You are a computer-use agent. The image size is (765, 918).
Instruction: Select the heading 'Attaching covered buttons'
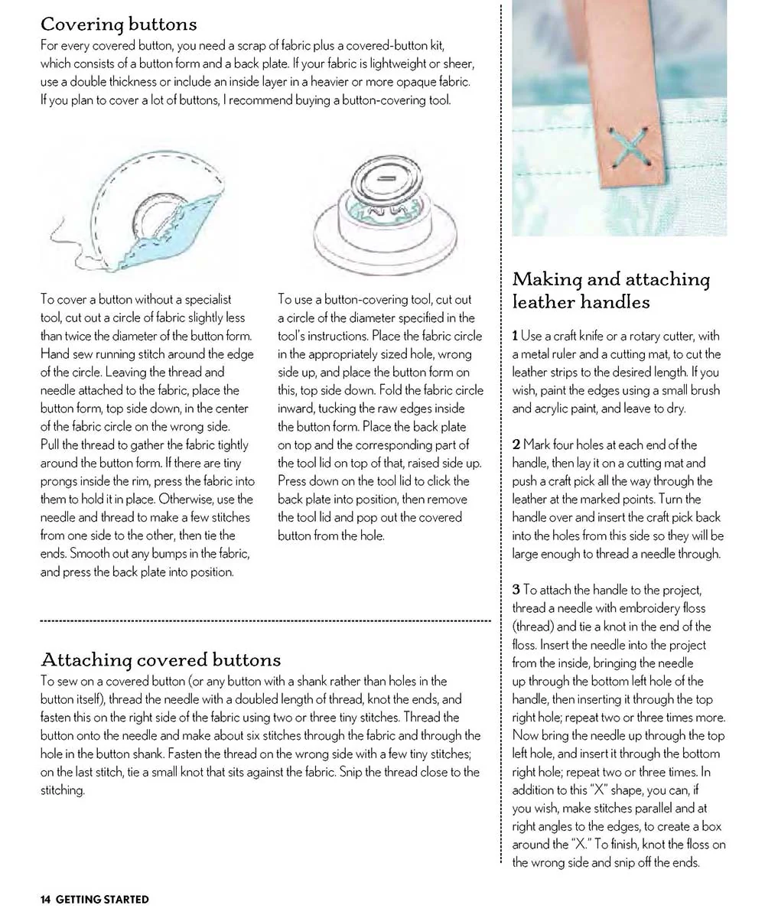point(161,659)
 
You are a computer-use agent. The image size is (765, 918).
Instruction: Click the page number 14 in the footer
point(46,900)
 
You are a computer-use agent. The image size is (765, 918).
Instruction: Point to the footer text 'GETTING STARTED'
point(103,900)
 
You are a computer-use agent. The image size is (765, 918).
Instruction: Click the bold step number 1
point(516,336)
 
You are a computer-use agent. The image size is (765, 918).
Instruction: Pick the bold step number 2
point(516,444)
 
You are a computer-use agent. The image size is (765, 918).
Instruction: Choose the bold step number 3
point(516,590)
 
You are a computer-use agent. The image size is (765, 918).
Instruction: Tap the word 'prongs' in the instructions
point(59,480)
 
